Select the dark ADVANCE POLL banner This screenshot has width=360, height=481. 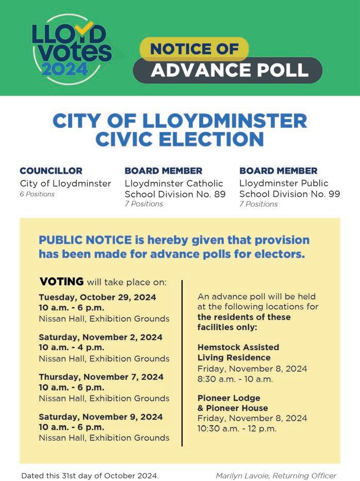point(227,70)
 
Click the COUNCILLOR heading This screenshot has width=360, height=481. point(51,171)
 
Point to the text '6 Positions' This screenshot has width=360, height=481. point(37,194)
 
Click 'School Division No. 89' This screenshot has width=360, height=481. point(175,194)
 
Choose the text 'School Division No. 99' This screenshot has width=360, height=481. point(289,194)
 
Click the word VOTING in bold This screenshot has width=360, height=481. point(61,281)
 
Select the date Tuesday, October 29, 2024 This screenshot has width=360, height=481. point(97,297)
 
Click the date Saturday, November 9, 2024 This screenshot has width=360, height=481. point(101,417)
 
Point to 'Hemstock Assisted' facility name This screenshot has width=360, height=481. point(238,347)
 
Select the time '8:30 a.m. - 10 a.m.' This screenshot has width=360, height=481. point(235,379)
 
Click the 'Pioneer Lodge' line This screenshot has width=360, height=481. point(228,398)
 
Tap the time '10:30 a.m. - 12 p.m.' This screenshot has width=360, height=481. point(237,428)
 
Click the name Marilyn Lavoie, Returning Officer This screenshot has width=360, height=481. point(275,475)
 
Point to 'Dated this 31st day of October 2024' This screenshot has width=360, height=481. point(90,475)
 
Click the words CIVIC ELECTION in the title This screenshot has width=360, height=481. point(179,139)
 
